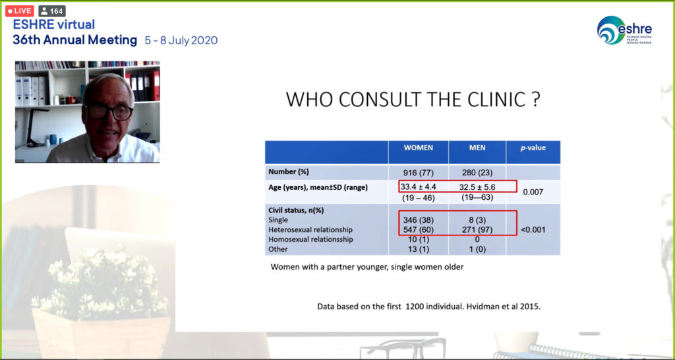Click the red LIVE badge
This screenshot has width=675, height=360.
click(19, 11)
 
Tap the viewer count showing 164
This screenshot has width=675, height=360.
click(52, 11)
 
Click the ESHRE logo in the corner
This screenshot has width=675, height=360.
click(624, 30)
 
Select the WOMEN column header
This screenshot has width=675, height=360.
click(418, 148)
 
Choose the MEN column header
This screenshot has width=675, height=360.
click(477, 148)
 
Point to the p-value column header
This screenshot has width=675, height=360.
click(533, 148)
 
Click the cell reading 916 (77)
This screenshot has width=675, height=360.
click(418, 173)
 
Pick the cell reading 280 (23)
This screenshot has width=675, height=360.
click(477, 173)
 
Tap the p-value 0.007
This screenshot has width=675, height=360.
click(533, 192)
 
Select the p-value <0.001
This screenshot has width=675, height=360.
click(533, 230)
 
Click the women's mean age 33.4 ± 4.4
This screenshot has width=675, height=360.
click(418, 187)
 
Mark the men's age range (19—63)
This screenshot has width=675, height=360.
click(477, 198)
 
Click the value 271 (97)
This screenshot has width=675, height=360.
click(477, 230)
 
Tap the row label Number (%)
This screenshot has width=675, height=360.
click(289, 172)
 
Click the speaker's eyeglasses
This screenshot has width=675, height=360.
click(109, 112)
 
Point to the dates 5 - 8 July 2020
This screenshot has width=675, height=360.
click(181, 40)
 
